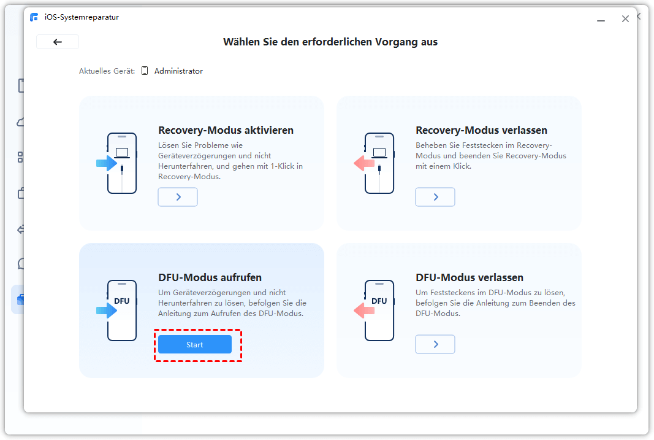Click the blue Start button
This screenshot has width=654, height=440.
[195, 344]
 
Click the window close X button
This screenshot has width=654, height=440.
[625, 19]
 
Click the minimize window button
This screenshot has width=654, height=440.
[601, 20]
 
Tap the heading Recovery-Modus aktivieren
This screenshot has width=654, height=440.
[226, 130]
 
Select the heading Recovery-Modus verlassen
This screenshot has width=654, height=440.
[481, 130]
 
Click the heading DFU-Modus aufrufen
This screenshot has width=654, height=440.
[210, 277]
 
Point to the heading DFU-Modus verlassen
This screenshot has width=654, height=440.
[470, 277]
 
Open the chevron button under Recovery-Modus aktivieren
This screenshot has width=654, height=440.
[178, 197]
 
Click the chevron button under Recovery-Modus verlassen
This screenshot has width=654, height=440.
[435, 197]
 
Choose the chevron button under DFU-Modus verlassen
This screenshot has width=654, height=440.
[435, 344]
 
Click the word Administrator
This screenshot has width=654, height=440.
[178, 71]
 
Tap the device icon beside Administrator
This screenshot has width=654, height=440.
[145, 71]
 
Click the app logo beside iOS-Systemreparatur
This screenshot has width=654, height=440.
[34, 17]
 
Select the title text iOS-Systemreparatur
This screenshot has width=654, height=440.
[82, 17]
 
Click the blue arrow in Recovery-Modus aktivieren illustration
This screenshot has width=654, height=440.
[107, 163]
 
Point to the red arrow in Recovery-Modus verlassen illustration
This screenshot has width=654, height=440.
[364, 163]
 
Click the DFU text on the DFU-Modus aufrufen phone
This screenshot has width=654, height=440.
[122, 301]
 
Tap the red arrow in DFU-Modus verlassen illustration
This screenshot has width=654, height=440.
[364, 311]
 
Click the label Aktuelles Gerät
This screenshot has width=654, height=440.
[107, 71]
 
